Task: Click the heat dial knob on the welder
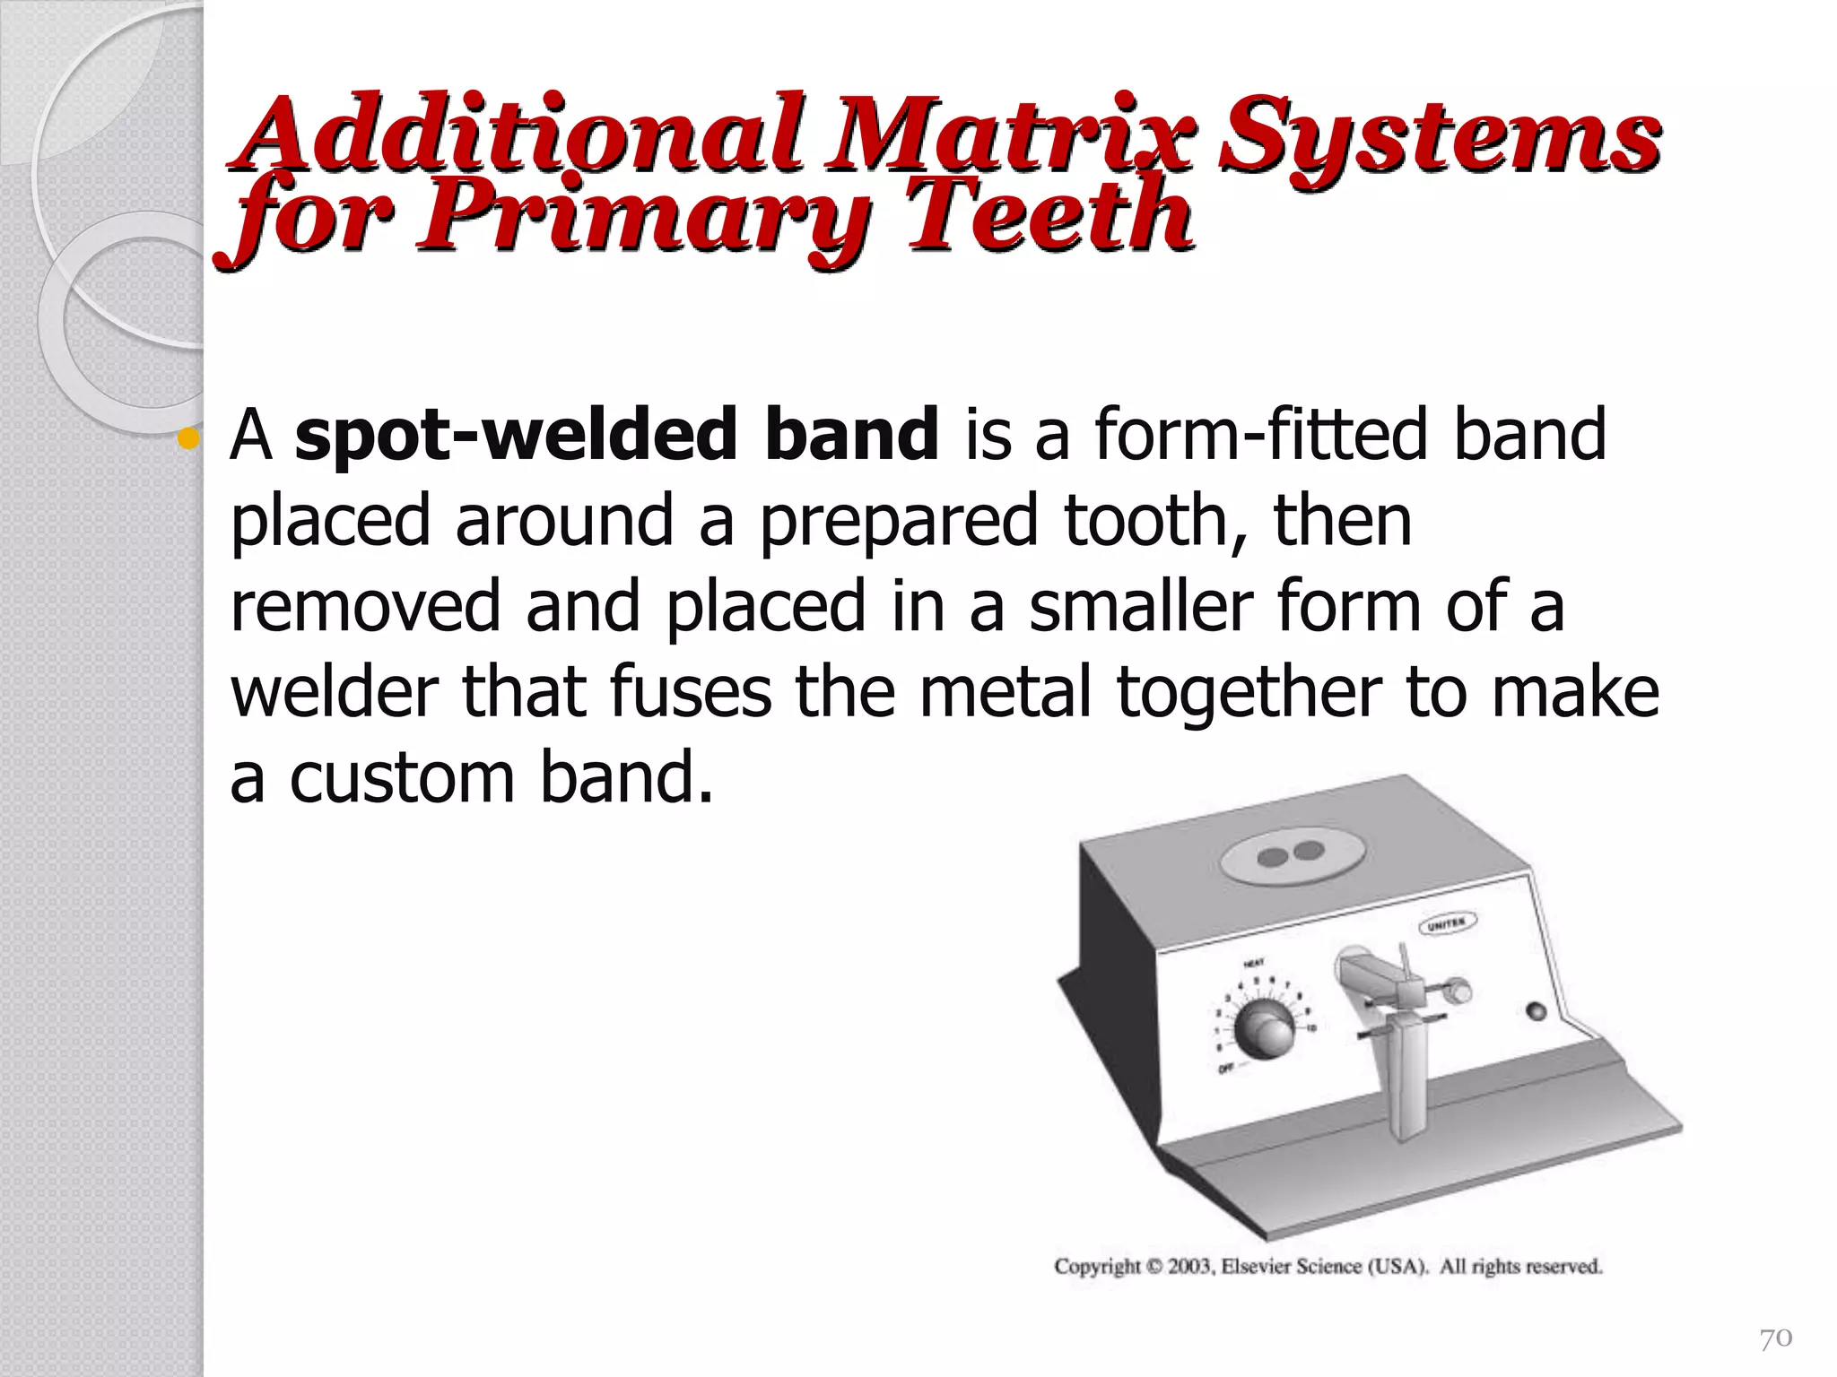click(1264, 1030)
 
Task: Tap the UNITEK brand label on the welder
click(1447, 923)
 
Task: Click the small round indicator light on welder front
click(1537, 1011)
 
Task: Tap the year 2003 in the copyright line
click(1190, 1267)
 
